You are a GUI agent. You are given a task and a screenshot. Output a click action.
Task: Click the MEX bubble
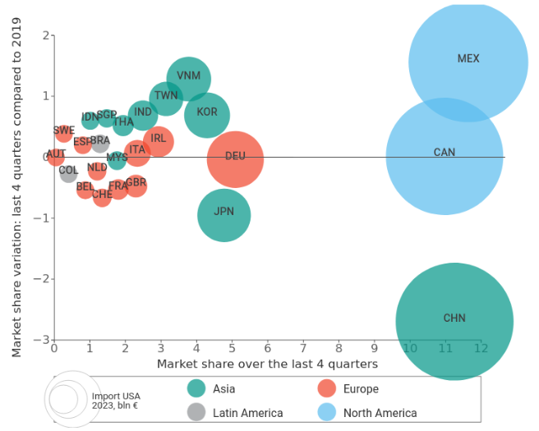(x=468, y=62)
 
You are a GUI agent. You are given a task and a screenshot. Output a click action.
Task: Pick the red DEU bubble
(x=235, y=158)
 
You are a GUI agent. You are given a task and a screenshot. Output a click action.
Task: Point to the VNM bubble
(x=188, y=79)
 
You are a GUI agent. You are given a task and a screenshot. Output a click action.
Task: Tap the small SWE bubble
(x=64, y=132)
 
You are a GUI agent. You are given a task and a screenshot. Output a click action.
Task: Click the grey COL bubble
(x=68, y=172)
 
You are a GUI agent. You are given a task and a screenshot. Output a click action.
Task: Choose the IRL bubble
(x=159, y=141)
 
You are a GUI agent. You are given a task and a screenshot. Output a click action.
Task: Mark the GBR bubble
(x=136, y=185)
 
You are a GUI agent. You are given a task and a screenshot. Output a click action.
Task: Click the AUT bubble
(x=56, y=155)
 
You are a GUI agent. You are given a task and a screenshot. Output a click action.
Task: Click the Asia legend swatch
(x=196, y=388)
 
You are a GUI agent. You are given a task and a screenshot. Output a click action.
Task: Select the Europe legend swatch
(x=327, y=388)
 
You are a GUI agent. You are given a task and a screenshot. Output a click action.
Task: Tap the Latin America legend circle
(x=196, y=412)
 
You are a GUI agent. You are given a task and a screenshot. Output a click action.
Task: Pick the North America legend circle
(x=327, y=412)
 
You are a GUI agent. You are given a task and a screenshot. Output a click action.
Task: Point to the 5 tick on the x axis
(x=233, y=348)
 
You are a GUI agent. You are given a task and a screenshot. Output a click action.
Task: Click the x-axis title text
(x=267, y=363)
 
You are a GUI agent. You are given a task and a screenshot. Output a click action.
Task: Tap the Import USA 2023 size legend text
(x=116, y=401)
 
